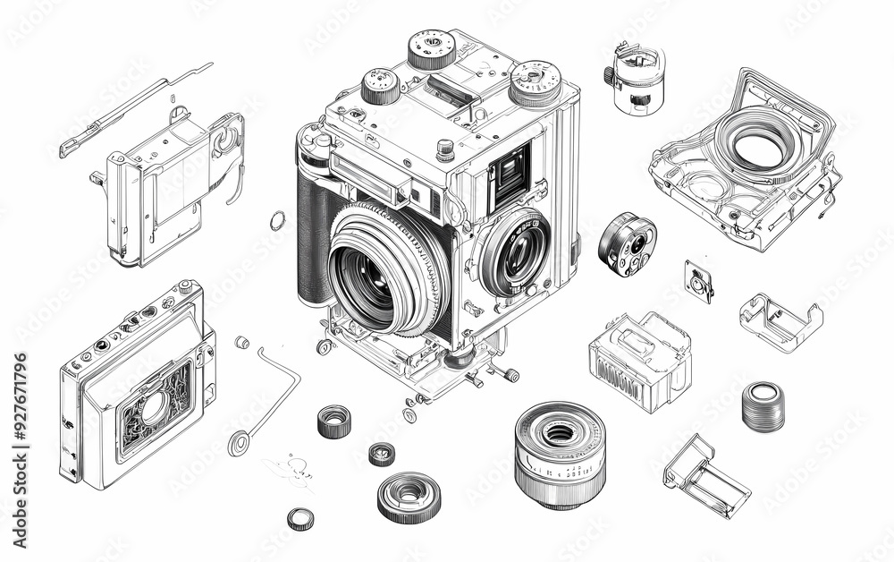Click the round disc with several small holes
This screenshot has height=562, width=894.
point(628,243)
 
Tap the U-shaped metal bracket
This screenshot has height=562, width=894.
point(780,320)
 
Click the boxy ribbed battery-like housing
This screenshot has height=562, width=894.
point(639,361)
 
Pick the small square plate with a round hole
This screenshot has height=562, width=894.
point(698,282)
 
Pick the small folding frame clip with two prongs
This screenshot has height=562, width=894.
point(705,475)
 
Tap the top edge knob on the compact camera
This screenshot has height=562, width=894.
point(185,287)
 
